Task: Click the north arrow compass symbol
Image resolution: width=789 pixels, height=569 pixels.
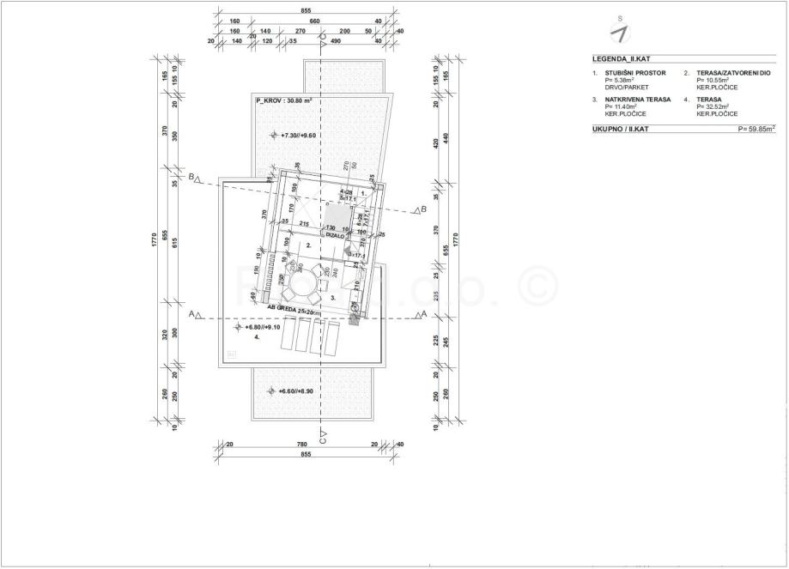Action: click(x=617, y=32)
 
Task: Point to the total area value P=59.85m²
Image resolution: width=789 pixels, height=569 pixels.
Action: click(x=756, y=129)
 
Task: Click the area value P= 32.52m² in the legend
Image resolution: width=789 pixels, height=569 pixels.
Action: click(x=713, y=107)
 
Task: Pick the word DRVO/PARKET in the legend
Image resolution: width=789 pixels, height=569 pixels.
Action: click(x=625, y=88)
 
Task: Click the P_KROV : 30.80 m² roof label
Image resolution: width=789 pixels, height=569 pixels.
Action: click(x=283, y=100)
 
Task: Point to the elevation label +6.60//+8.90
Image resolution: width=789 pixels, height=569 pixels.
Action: click(x=299, y=391)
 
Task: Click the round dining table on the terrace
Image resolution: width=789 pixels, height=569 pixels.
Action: click(x=302, y=282)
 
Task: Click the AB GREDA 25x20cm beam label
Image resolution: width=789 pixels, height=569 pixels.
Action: click(x=294, y=307)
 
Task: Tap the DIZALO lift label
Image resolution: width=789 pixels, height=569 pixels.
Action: click(x=333, y=234)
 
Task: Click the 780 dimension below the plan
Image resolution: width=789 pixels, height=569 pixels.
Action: click(x=301, y=445)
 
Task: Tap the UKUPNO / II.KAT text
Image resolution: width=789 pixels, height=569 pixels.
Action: click(x=622, y=129)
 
